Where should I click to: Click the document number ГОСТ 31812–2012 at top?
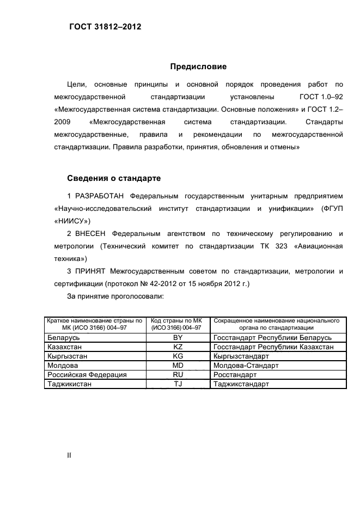click(105, 26)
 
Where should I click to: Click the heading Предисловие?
click(198, 66)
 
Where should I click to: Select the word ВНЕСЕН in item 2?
click(91, 234)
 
